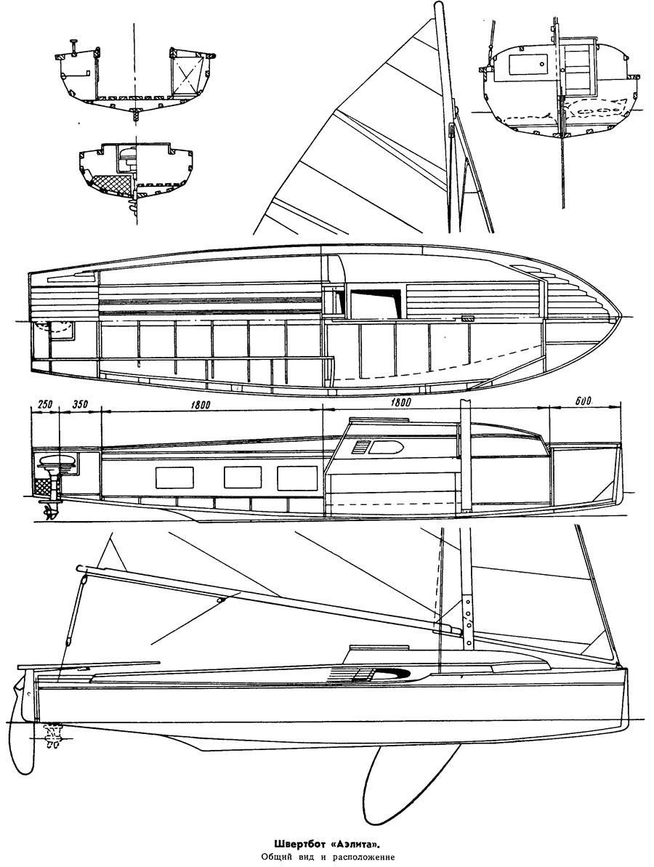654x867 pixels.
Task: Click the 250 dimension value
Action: [x=44, y=404]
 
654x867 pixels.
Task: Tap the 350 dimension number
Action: [x=80, y=404]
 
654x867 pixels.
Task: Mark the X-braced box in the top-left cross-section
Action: [x=190, y=75]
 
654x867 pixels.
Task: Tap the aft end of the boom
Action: [x=80, y=568]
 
